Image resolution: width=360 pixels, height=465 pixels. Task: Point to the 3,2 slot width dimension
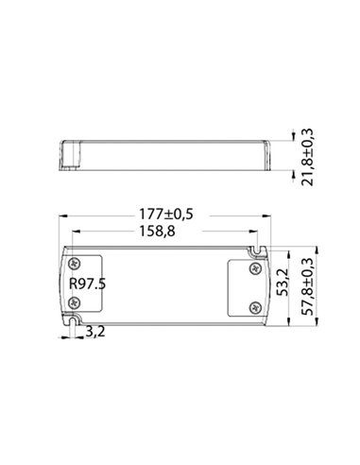pyautogui.click(x=94, y=332)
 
